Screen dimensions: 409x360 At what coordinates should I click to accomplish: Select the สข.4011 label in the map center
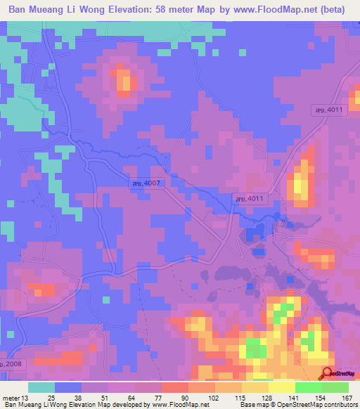(x=249, y=200)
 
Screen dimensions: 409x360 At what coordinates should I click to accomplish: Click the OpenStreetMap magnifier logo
(x=328, y=373)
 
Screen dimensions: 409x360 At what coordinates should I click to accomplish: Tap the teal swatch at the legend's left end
(x=41, y=387)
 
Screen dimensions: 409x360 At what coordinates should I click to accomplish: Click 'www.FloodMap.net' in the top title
(x=273, y=10)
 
